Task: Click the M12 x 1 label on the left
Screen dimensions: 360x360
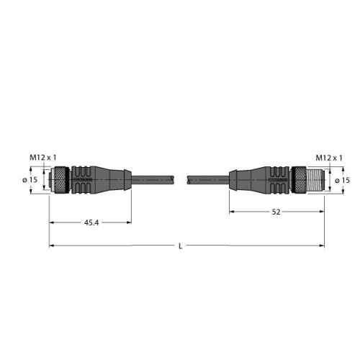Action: click(x=42, y=157)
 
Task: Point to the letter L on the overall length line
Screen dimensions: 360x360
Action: click(x=180, y=247)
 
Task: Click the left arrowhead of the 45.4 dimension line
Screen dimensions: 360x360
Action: click(x=52, y=222)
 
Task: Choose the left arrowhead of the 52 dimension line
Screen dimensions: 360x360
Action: click(x=232, y=212)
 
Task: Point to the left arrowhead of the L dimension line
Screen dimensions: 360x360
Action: click(x=52, y=247)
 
